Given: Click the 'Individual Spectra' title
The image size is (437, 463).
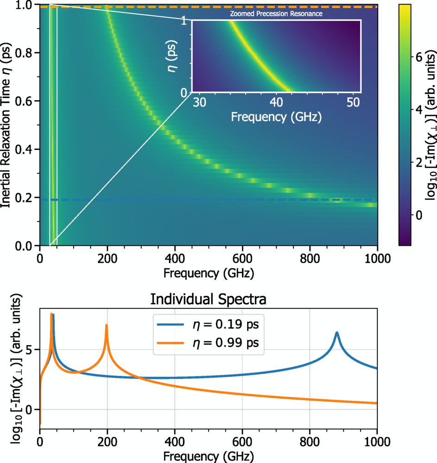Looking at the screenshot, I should point(208,300).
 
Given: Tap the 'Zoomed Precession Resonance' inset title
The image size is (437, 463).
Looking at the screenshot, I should point(276,14).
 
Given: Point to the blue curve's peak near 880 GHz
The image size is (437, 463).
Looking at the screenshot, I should point(337,333).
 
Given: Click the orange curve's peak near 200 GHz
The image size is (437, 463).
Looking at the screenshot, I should point(107,325).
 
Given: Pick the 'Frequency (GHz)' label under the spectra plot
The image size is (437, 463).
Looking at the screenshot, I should point(208,456).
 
